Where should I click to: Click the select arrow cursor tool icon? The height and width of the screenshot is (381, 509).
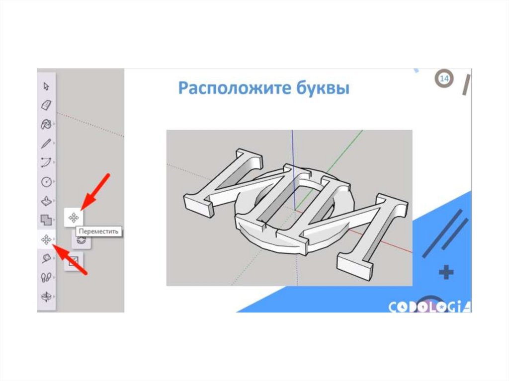[46, 86]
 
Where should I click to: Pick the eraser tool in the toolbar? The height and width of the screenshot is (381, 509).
[46, 105]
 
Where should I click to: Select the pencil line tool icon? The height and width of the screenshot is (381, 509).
[46, 144]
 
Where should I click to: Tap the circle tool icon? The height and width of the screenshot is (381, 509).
[46, 182]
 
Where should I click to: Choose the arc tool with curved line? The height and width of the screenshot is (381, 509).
[46, 162]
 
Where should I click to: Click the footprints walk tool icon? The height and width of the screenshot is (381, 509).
[46, 278]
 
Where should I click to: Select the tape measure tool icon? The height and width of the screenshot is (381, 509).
[46, 258]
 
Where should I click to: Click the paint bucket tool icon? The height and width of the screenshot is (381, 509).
[46, 124]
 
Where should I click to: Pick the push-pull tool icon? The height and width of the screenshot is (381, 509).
[46, 201]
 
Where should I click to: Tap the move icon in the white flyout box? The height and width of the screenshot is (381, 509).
[74, 218]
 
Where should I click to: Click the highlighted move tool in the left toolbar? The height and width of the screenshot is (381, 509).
[46, 239]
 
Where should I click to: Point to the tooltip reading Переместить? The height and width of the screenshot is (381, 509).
[99, 231]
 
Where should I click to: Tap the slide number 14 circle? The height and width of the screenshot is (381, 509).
[444, 78]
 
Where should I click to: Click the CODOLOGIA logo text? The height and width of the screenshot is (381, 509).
[429, 306]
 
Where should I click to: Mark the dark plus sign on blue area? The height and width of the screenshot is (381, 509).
[446, 272]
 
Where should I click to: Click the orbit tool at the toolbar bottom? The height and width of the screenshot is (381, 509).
[46, 297]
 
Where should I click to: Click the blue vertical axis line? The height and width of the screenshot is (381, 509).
[293, 170]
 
